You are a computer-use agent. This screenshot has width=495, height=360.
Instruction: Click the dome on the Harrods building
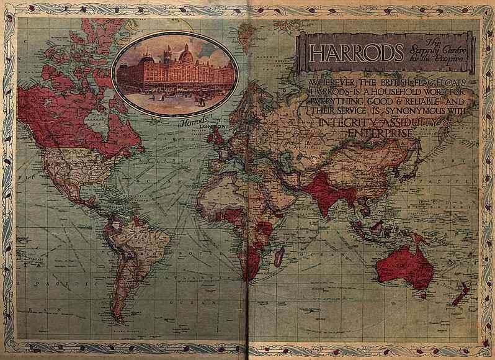pos(185,55)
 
